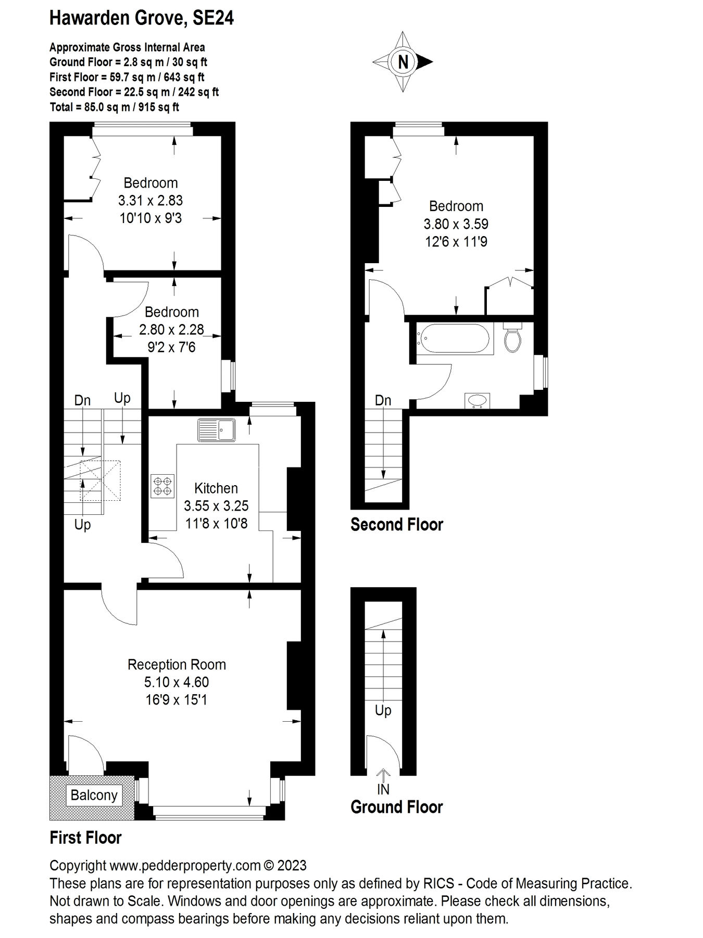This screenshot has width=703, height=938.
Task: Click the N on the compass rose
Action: (403, 62)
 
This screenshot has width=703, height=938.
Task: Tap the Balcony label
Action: (94, 795)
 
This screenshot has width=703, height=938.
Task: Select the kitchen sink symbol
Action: (216, 430)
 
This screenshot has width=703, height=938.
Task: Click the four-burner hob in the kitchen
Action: (163, 486)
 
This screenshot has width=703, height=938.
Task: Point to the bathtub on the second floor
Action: (454, 338)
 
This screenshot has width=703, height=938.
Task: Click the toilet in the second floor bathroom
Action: (513, 338)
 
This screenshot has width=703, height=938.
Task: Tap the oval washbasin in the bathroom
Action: (477, 400)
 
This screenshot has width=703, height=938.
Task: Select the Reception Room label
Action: (177, 664)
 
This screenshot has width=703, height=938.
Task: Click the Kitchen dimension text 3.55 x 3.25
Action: (216, 506)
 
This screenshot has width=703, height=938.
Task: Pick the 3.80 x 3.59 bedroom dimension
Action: (456, 224)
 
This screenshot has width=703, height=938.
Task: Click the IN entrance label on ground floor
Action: (383, 789)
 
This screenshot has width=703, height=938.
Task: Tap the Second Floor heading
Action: (396, 524)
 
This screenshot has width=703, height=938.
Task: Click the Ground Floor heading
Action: (396, 807)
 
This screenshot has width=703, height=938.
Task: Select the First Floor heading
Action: (85, 838)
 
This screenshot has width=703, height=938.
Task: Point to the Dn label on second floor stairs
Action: (383, 400)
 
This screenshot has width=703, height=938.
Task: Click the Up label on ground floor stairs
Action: (383, 710)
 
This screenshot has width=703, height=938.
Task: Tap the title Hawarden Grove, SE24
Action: (142, 18)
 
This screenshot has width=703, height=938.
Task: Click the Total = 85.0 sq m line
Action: (114, 107)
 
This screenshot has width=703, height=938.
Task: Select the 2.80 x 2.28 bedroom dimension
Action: (171, 329)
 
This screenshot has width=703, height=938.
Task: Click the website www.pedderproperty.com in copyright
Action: (185, 866)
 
